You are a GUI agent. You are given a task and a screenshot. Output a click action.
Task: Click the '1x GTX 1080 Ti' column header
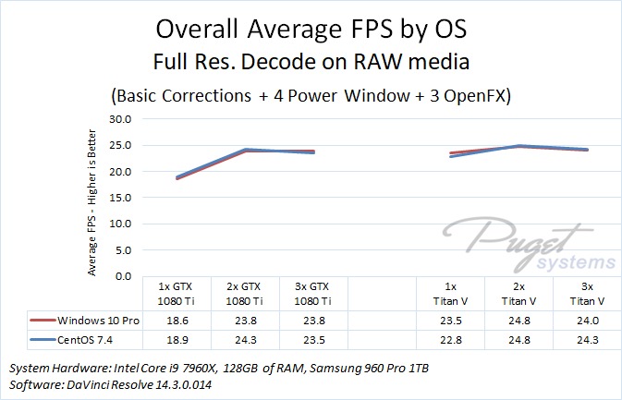[x=177, y=294]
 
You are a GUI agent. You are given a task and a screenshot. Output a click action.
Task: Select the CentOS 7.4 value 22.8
[x=451, y=338]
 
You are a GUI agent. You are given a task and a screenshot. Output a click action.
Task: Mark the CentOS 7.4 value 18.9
[x=177, y=338]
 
